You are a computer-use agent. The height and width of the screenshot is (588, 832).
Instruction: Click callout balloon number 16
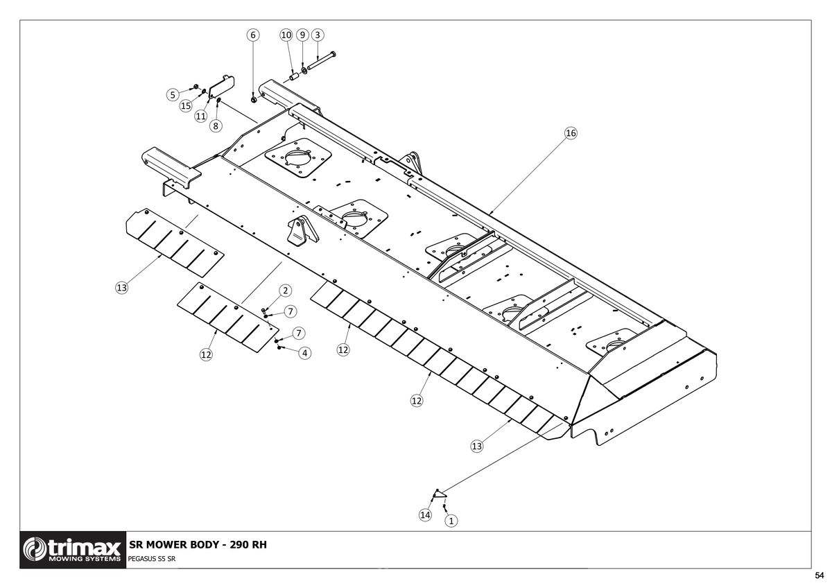571,133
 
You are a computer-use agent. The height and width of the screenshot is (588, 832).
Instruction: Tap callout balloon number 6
253,35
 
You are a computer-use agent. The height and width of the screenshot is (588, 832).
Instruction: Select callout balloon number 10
286,35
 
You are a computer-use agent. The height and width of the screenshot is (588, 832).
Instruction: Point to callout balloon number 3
318,35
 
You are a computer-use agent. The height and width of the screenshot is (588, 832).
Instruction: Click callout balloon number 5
173,95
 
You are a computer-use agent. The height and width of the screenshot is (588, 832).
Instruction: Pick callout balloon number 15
186,106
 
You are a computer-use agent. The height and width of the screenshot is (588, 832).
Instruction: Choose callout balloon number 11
200,116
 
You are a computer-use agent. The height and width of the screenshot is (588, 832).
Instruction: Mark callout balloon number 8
216,126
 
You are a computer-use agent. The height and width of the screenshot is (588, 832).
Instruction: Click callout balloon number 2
285,291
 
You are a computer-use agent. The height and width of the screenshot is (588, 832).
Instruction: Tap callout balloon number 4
305,353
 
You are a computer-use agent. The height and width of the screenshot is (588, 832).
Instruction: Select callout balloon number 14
425,514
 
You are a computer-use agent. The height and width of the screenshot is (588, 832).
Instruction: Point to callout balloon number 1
451,521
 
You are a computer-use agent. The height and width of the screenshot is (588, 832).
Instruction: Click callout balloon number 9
302,35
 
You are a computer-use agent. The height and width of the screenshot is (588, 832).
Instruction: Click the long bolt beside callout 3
322,60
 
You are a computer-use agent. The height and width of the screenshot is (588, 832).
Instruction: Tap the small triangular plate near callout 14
440,494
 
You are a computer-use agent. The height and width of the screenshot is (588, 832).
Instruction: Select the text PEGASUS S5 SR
152,559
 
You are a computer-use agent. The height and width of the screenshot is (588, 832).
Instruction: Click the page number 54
820,576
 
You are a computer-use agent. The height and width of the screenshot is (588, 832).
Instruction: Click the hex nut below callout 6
254,100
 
